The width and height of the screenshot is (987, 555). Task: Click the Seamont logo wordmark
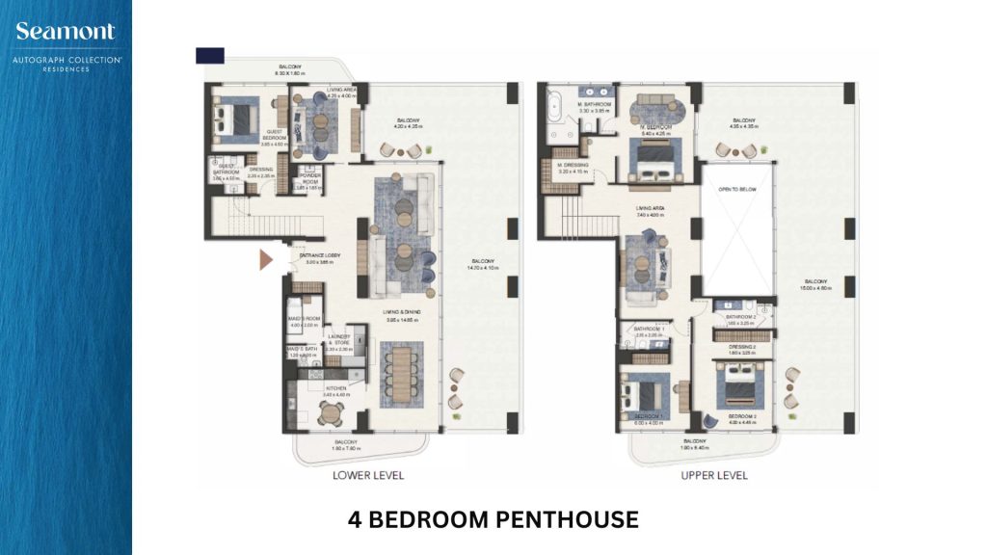pyautogui.click(x=65, y=31)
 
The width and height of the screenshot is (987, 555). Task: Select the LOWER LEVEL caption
pyautogui.click(x=367, y=475)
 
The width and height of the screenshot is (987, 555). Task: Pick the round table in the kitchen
pyautogui.click(x=331, y=413)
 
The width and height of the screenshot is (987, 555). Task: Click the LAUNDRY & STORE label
pyautogui.click(x=340, y=340)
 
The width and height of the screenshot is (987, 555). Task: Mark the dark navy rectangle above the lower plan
pyautogui.click(x=209, y=56)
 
